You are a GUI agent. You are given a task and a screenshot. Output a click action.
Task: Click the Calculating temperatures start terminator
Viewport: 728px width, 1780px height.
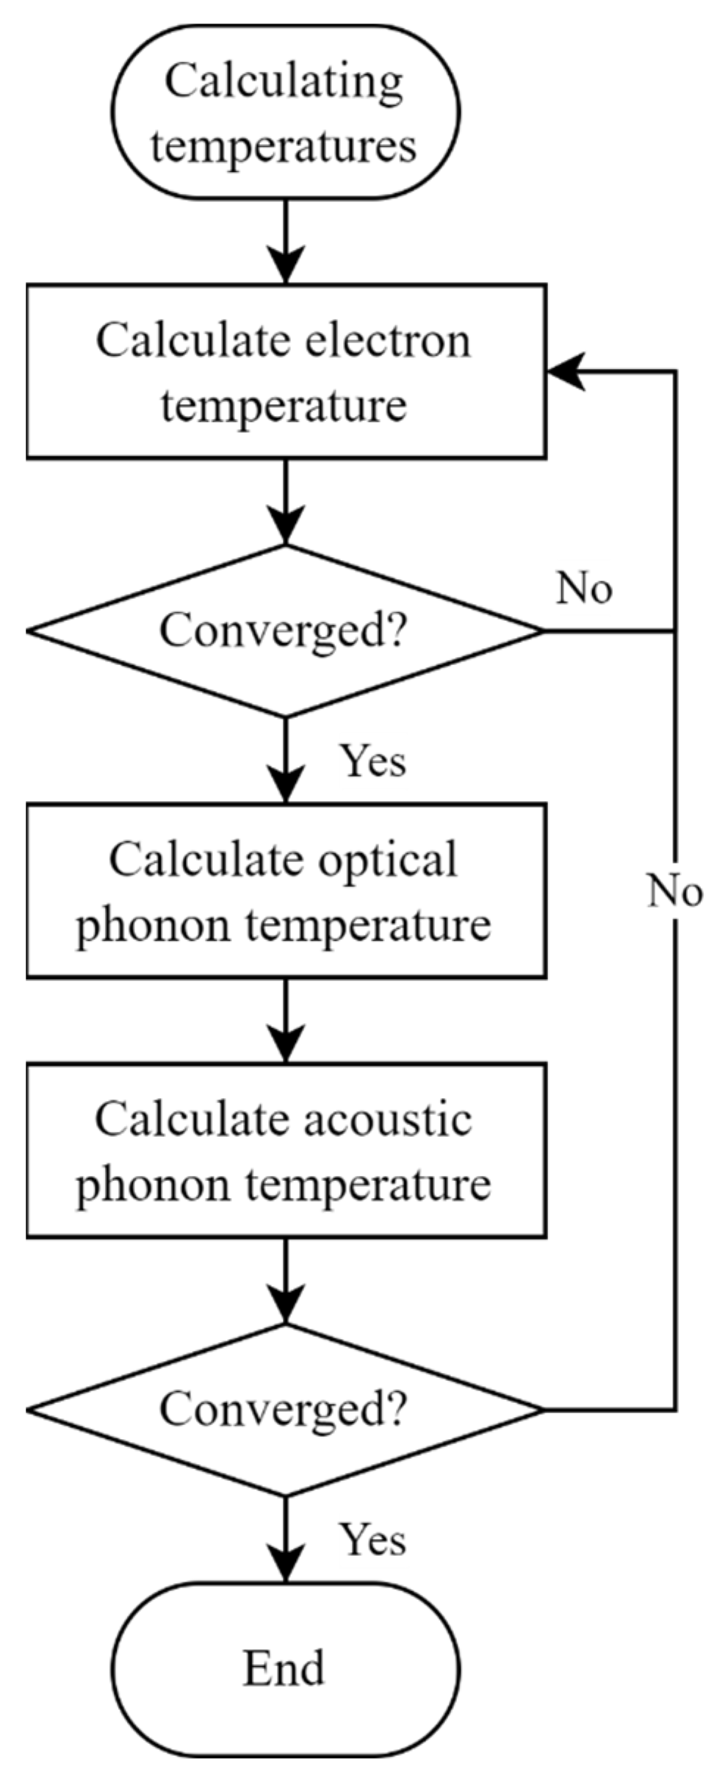click(285, 112)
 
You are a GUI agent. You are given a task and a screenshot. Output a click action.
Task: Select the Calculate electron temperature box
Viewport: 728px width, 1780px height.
click(285, 371)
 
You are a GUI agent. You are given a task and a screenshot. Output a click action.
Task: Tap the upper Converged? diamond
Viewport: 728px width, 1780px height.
click(285, 631)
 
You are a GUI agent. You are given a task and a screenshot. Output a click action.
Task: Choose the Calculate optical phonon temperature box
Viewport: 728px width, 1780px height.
click(285, 890)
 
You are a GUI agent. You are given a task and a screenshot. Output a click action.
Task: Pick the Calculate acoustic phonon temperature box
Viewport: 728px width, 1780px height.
click(285, 1149)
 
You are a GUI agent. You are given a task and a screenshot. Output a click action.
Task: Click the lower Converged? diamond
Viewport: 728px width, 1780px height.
click(285, 1410)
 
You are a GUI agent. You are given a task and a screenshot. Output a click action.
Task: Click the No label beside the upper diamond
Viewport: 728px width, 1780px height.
click(584, 588)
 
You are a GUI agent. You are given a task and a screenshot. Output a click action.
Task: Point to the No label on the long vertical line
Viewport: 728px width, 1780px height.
click(674, 891)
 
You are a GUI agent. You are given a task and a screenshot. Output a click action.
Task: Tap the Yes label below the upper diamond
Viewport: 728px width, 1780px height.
click(372, 760)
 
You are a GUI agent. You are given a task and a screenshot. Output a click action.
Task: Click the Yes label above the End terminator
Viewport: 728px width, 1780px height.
click(372, 1539)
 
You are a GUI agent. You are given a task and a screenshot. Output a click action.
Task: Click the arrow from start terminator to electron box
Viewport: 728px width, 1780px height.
click(285, 243)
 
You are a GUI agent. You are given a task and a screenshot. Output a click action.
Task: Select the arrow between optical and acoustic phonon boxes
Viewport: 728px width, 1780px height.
click(285, 1022)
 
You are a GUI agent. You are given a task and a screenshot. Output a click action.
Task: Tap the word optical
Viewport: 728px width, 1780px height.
click(392, 860)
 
